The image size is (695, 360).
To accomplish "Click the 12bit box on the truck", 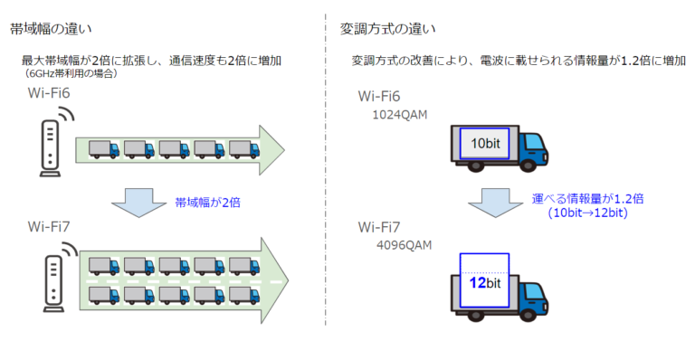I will point(484,282).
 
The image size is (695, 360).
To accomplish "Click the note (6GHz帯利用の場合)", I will point(72,75).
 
